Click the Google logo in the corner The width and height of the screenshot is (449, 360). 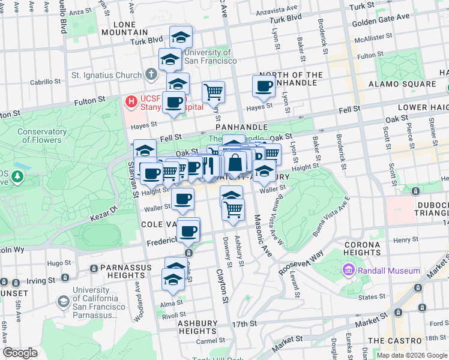20,353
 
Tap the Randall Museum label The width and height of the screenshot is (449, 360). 388,271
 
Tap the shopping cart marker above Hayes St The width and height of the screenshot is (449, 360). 213,92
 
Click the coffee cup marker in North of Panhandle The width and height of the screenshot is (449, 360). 264,86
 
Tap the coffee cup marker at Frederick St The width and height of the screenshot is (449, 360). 188,230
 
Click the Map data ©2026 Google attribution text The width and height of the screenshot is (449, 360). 411,355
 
